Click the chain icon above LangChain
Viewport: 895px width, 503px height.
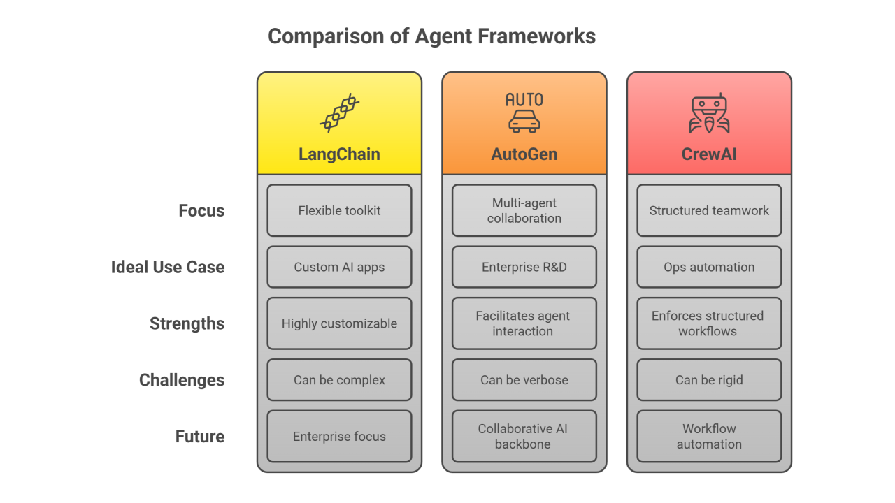point(340,113)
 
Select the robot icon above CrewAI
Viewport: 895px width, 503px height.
point(709,115)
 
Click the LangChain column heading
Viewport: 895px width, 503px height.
point(339,154)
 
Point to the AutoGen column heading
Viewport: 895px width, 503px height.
point(524,154)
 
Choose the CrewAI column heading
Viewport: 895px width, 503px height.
point(709,154)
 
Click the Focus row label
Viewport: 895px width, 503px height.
point(201,211)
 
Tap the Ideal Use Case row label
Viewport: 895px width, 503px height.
point(168,267)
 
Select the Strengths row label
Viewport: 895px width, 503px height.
point(187,323)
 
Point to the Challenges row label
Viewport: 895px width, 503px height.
point(182,380)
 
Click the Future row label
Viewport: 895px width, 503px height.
point(199,437)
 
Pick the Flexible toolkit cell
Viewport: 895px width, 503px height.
point(339,210)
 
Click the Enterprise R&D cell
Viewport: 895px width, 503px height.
point(524,267)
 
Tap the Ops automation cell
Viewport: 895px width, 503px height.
point(709,267)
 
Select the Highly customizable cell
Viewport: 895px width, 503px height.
point(339,323)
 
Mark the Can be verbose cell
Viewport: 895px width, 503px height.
point(524,380)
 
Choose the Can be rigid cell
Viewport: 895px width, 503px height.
point(709,380)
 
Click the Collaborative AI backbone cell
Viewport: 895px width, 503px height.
point(524,436)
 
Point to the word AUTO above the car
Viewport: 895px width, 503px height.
point(524,100)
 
